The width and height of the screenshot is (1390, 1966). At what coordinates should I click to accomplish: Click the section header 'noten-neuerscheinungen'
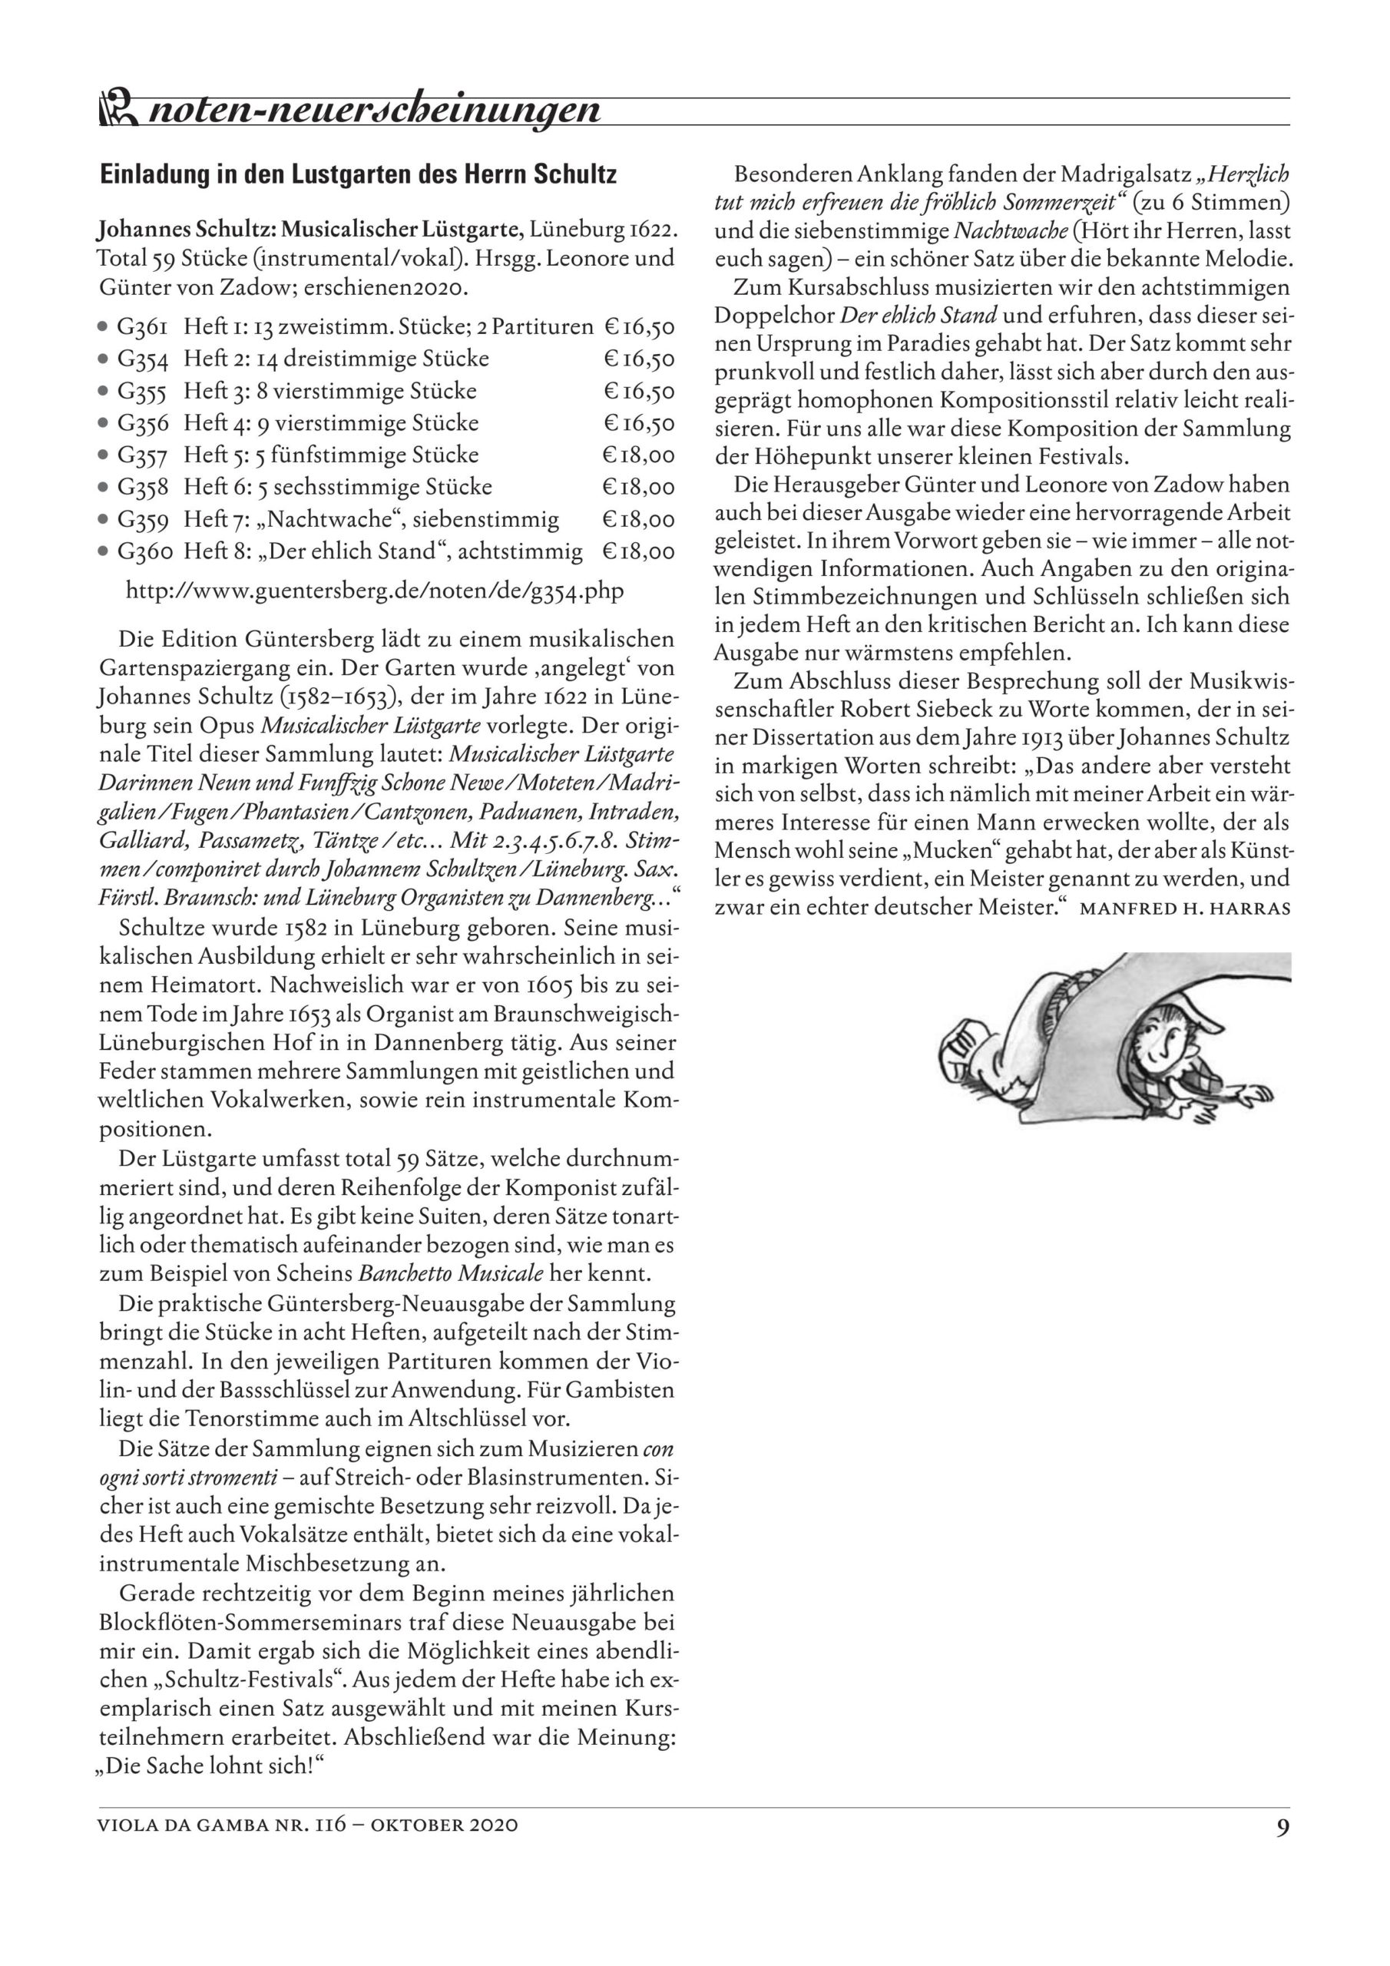pyautogui.click(x=374, y=111)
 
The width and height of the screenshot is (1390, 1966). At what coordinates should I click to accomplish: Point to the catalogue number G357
pyautogui.click(x=142, y=455)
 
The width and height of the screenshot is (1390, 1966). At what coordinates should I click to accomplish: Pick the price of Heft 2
pyautogui.click(x=639, y=359)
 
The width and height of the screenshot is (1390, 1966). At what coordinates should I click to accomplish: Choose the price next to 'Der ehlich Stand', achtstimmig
pyautogui.click(x=639, y=551)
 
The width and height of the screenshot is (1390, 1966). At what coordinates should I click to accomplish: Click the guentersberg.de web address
pyautogui.click(x=374, y=591)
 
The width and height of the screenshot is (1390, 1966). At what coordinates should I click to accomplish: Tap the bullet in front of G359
pyautogui.click(x=103, y=520)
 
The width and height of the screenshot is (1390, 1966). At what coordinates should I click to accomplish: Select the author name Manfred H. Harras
pyautogui.click(x=1185, y=908)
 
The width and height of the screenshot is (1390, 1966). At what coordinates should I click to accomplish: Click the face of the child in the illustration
pyautogui.click(x=1163, y=1044)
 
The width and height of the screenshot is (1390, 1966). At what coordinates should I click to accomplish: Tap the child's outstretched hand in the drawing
pyautogui.click(x=1252, y=1094)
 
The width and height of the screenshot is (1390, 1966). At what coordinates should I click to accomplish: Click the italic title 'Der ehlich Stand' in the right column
pyautogui.click(x=918, y=316)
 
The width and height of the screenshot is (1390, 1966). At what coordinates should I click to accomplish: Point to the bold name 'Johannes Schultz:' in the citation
pyautogui.click(x=187, y=230)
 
